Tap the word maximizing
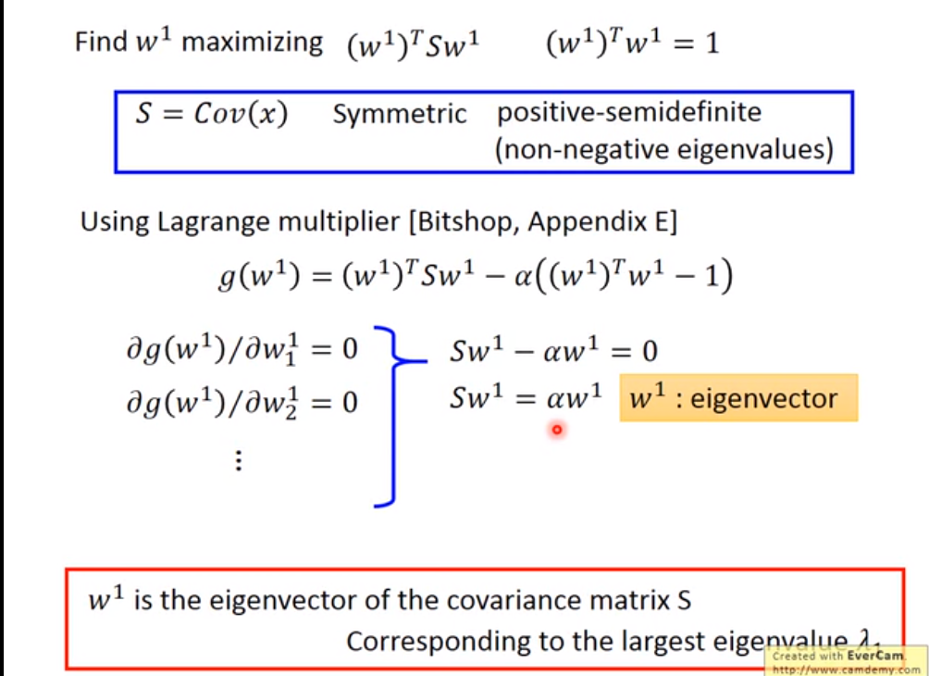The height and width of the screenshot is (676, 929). click(x=252, y=43)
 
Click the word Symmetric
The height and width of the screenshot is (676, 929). click(x=400, y=115)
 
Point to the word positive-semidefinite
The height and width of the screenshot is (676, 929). click(x=629, y=113)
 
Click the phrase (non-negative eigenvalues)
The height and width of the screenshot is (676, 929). click(x=663, y=148)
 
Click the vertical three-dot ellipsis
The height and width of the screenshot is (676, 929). click(x=239, y=460)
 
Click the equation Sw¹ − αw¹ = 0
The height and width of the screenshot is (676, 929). click(x=553, y=351)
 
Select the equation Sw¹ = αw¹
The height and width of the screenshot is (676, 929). click(x=526, y=399)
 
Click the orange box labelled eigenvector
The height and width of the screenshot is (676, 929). click(x=738, y=398)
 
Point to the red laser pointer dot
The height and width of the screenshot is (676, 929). click(x=556, y=430)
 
